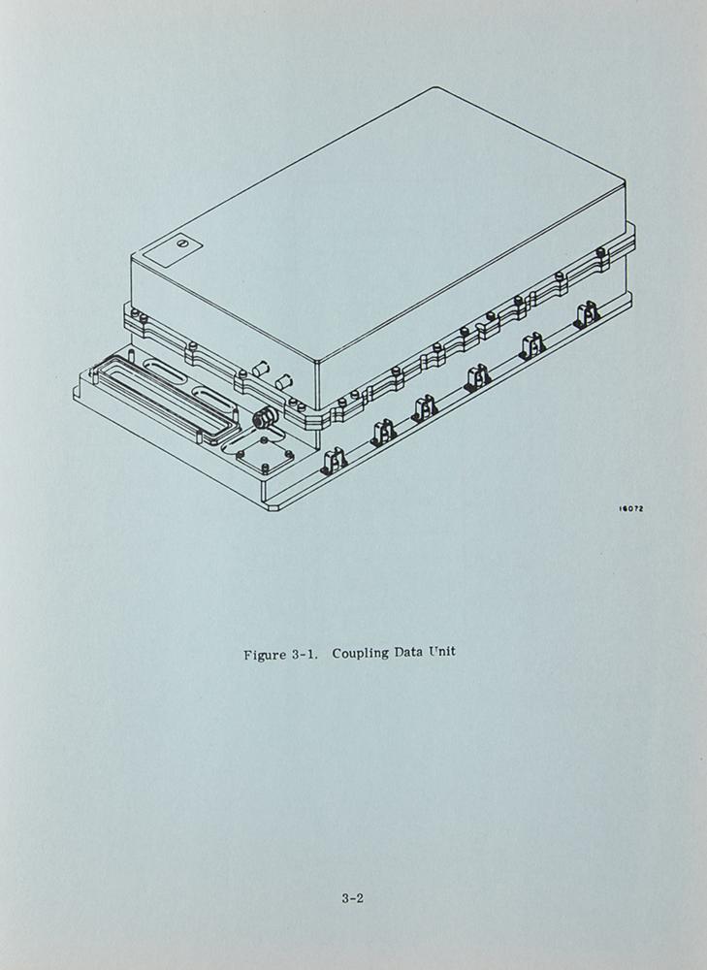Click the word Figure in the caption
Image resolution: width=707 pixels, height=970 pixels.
click(264, 655)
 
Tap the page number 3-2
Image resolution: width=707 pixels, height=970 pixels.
click(353, 898)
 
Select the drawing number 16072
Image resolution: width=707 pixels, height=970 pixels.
click(631, 508)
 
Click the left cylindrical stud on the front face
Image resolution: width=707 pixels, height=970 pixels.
click(261, 369)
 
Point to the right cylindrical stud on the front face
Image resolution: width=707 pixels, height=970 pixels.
click(286, 381)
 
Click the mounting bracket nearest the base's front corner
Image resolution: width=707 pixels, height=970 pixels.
click(334, 462)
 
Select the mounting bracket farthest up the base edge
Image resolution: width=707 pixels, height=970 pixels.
click(587, 315)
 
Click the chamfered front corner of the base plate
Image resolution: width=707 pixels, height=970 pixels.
click(273, 508)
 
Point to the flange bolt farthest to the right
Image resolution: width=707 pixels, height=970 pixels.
click(600, 252)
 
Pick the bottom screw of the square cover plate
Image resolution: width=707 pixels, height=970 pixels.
click(266, 468)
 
